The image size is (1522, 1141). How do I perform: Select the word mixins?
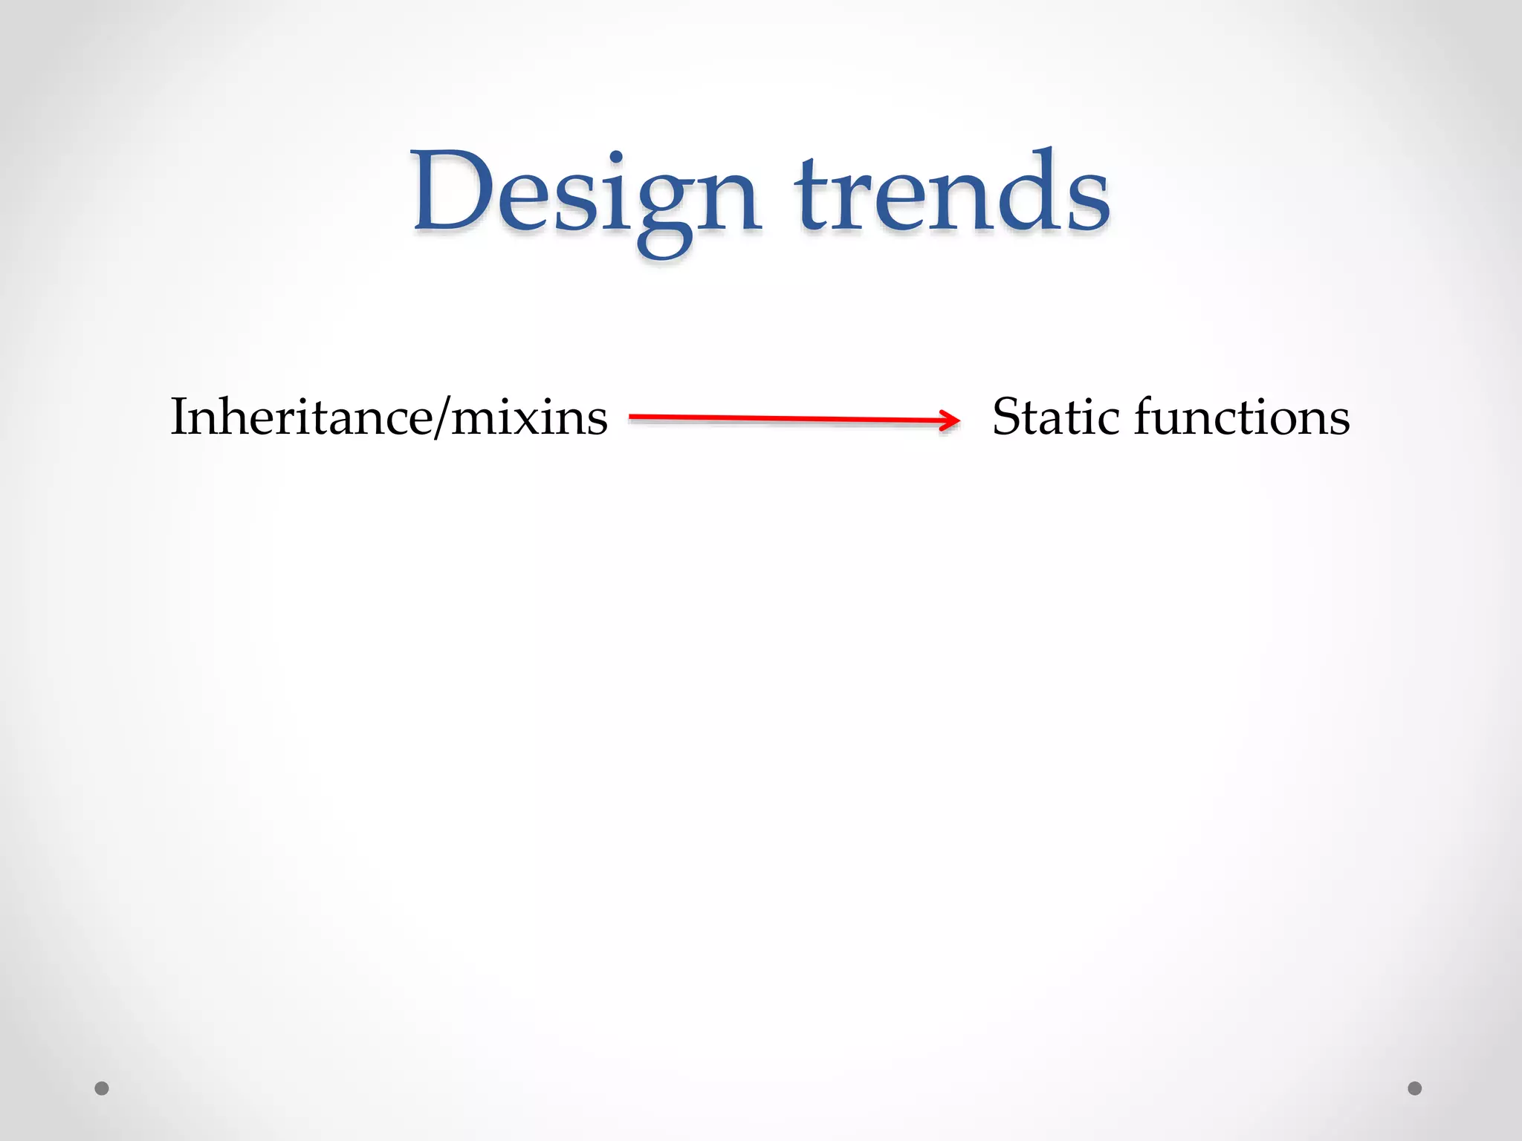pyautogui.click(x=529, y=417)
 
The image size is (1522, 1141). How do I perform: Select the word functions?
pyautogui.click(x=1241, y=417)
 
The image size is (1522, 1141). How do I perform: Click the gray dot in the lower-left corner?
pyautogui.click(x=102, y=1088)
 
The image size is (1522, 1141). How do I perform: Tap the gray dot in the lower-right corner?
pyautogui.click(x=1415, y=1088)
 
